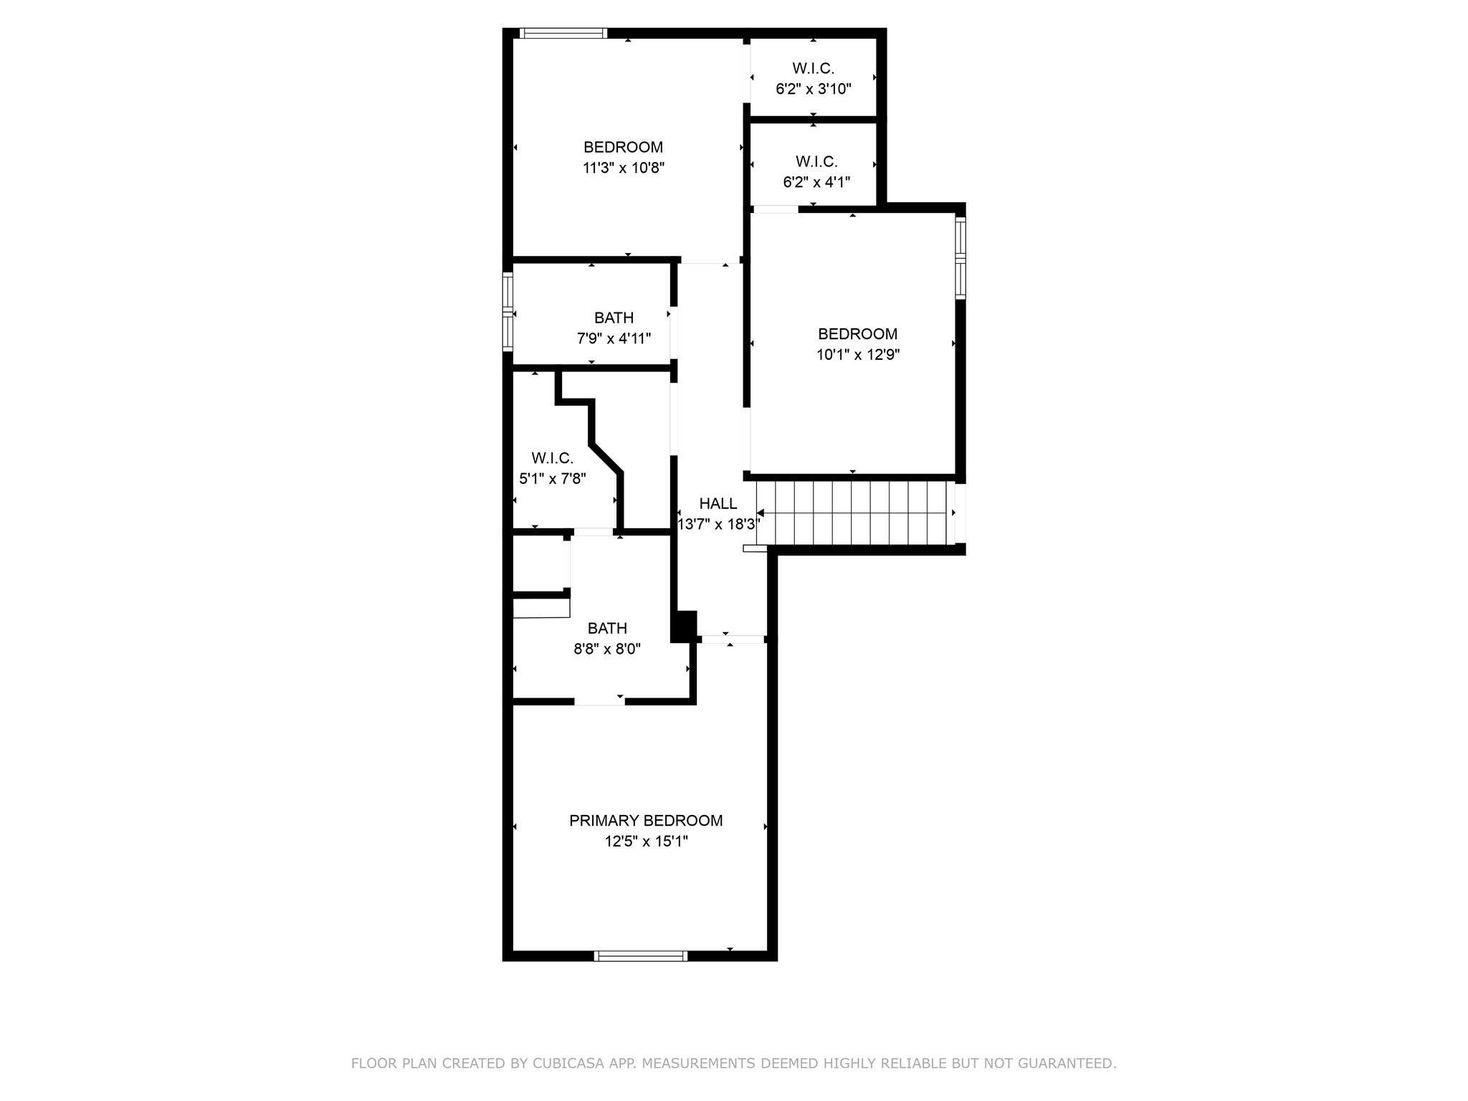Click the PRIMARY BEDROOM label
pos(646,821)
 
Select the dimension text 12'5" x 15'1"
pos(646,842)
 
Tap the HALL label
pos(718,504)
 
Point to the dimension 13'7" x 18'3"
pos(718,525)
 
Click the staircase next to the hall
pos(857,513)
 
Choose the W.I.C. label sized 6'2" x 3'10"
pos(813,69)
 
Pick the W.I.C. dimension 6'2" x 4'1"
pos(816,182)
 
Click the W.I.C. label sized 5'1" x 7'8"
pos(552,458)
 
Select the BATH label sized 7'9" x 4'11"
pos(614,318)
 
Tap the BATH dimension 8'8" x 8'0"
pos(606,649)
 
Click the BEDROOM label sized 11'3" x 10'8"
pos(623,148)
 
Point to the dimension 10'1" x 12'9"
pos(857,355)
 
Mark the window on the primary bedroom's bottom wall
pos(641,955)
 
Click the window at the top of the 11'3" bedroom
pos(563,33)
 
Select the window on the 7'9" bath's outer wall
pos(508,313)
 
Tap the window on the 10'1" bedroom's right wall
pos(961,258)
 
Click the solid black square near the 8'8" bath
pos(684,626)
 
